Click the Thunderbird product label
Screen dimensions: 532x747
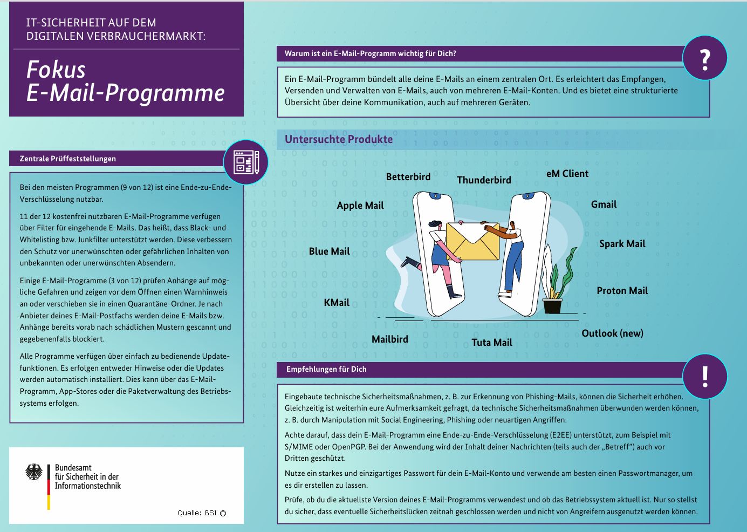click(484, 180)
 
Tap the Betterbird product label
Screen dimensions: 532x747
click(408, 177)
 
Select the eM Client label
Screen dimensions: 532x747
click(567, 174)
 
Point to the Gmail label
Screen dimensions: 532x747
click(604, 204)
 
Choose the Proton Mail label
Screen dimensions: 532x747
click(622, 291)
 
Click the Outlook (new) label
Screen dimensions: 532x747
click(612, 333)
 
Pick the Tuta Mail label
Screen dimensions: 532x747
click(492, 343)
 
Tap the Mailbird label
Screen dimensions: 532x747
click(390, 339)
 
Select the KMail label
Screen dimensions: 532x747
click(337, 303)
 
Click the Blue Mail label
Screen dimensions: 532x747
click(329, 251)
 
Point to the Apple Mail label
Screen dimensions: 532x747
click(360, 206)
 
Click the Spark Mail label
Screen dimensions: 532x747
click(622, 244)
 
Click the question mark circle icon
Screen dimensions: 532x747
click(704, 58)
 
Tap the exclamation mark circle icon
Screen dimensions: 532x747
click(704, 376)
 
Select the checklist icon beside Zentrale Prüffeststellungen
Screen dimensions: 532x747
click(246, 162)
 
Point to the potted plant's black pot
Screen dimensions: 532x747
click(552, 306)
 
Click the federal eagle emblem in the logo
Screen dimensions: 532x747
click(34, 472)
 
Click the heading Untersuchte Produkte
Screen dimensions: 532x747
click(339, 139)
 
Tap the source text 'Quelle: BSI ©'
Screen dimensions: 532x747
click(202, 513)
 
